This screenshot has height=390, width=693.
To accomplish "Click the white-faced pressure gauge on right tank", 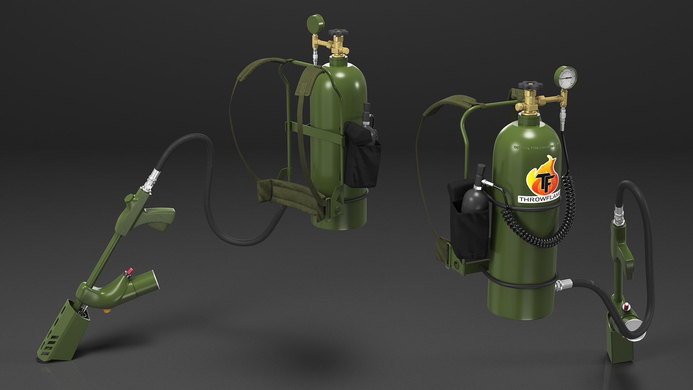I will tap(566, 76).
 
